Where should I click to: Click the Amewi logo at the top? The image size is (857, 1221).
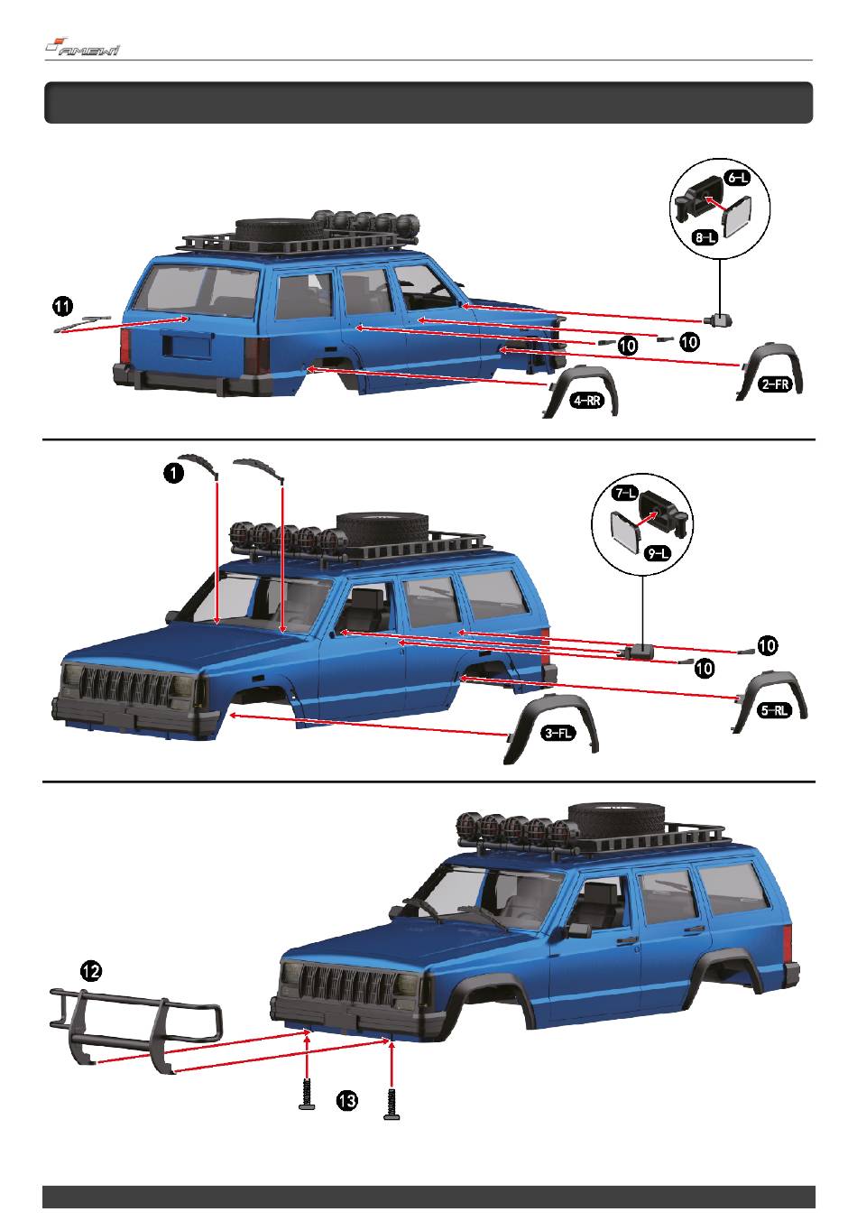coord(82,48)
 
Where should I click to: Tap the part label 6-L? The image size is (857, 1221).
coord(737,179)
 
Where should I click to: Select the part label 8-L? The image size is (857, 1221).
coord(705,237)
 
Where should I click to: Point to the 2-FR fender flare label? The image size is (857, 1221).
coord(775,384)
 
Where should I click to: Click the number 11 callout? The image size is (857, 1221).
coord(62,306)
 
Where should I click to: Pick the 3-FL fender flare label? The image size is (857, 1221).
coord(558,734)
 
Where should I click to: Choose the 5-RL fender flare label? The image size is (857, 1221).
coord(775,709)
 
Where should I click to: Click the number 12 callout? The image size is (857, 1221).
coord(91,970)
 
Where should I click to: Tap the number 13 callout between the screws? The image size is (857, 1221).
coord(347,1099)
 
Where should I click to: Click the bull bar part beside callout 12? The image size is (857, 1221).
coord(135,1026)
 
